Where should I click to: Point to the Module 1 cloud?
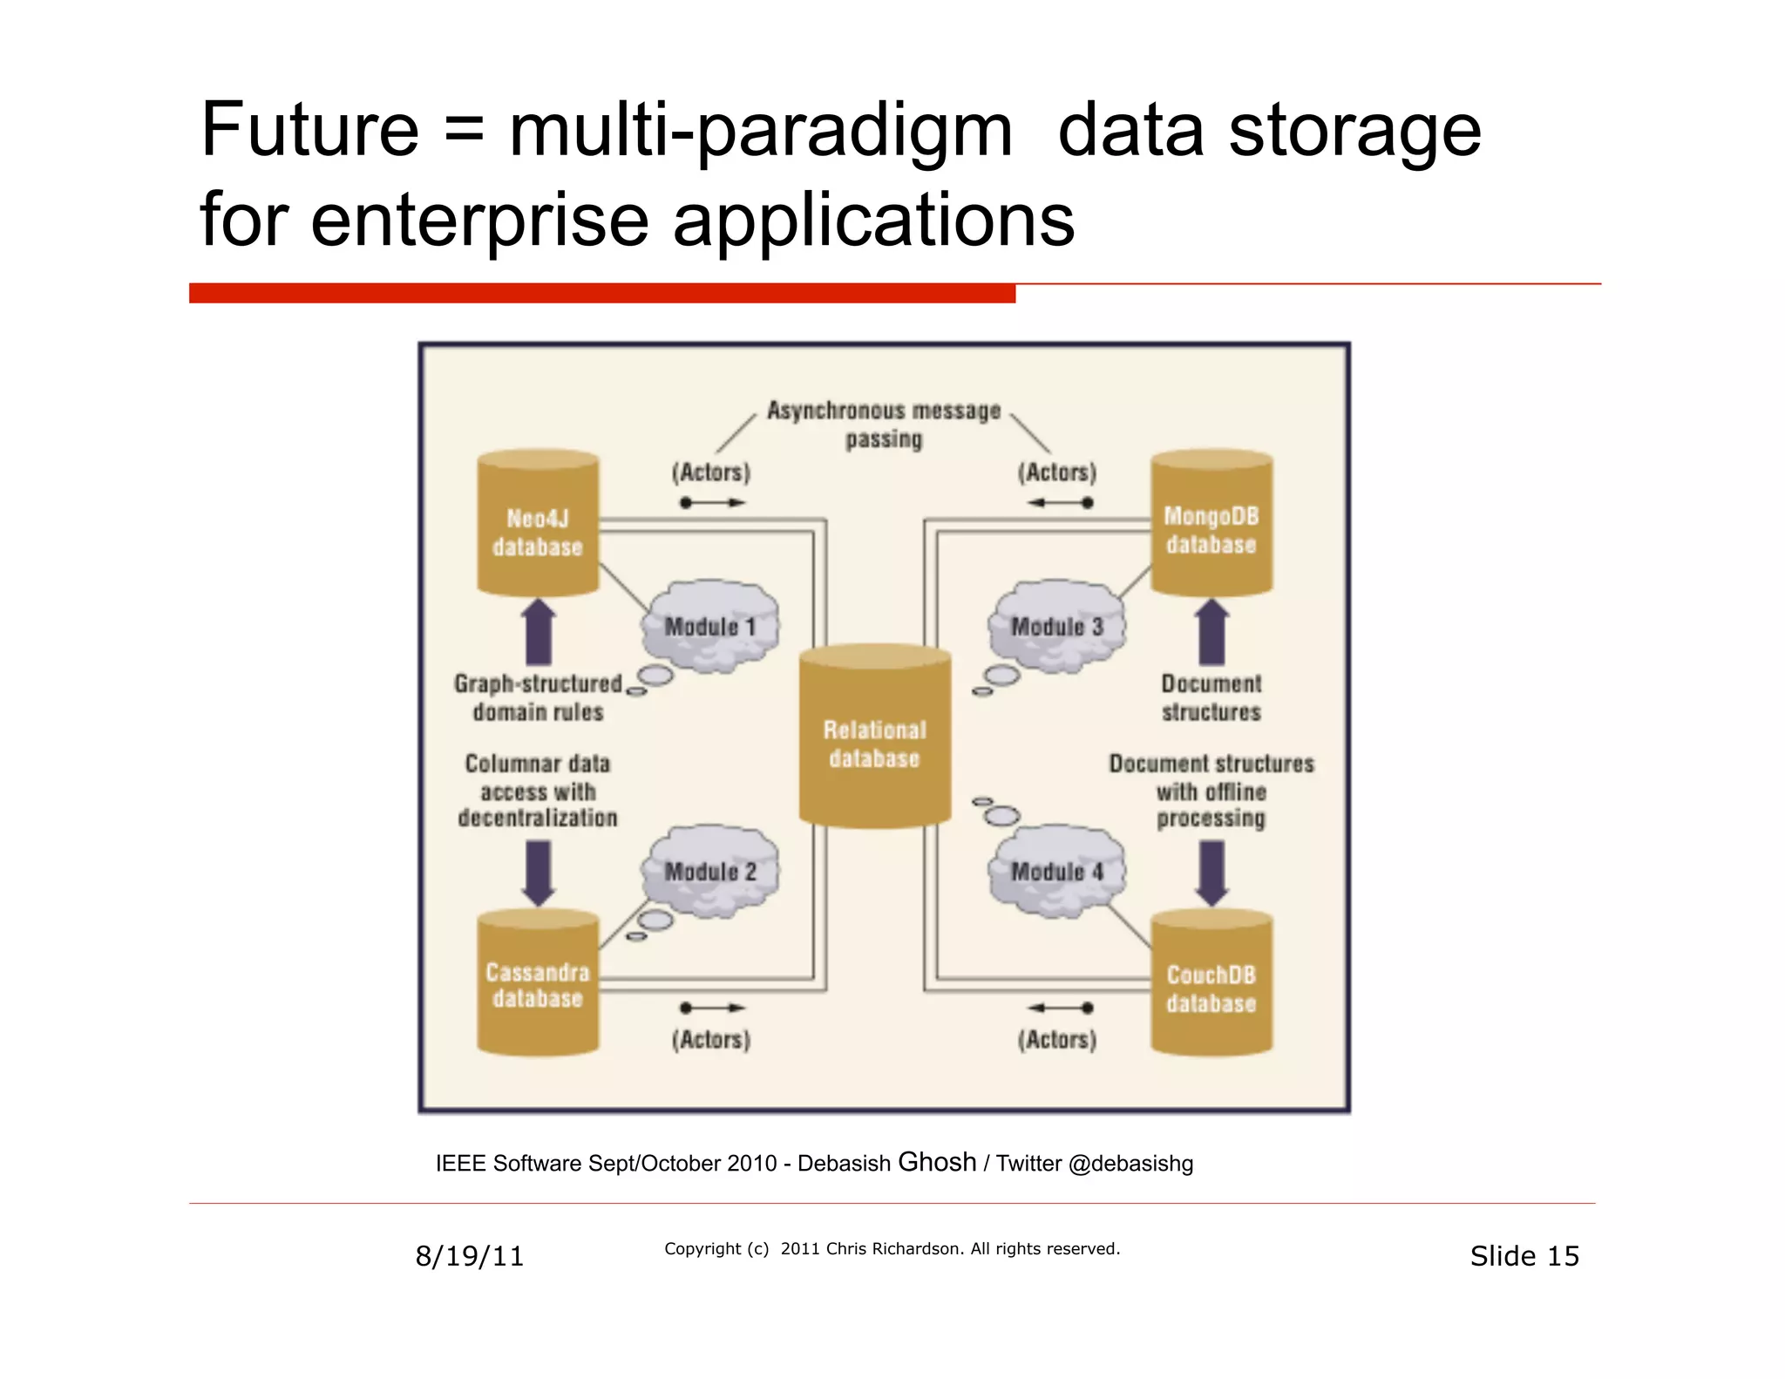point(709,626)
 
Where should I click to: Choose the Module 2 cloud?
point(709,872)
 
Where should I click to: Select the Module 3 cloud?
point(1056,626)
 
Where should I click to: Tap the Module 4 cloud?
point(1056,872)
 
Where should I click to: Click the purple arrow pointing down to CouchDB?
point(1211,873)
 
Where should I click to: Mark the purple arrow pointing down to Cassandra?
point(538,873)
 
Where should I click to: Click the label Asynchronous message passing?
point(883,424)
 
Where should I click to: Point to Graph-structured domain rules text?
point(538,697)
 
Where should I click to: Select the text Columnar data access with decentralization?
point(538,791)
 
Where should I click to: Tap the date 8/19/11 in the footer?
point(469,1256)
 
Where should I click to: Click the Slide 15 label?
point(1524,1256)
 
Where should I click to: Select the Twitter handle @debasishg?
point(1130,1164)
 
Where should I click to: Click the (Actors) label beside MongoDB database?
point(1056,472)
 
